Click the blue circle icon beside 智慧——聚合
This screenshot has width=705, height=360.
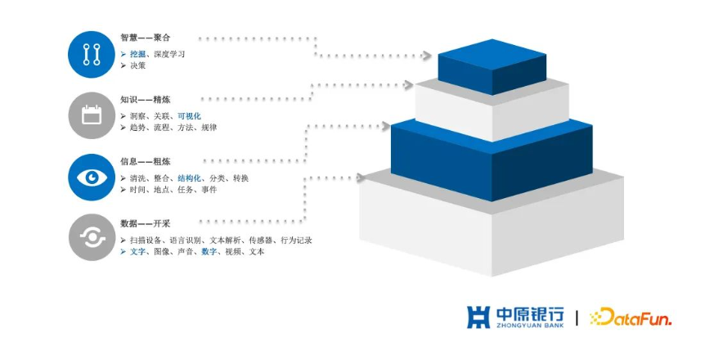point(92,55)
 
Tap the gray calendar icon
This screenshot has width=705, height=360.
point(92,115)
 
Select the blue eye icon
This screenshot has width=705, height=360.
point(92,178)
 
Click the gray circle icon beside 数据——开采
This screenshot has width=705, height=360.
point(92,237)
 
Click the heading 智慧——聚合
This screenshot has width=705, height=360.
point(146,38)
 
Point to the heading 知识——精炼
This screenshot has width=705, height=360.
point(146,100)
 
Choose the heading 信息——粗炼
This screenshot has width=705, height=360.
point(146,161)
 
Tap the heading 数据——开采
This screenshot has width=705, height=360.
point(146,223)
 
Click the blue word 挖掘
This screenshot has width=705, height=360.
point(138,54)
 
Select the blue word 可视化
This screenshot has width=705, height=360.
point(189,116)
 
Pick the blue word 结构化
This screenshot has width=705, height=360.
point(189,178)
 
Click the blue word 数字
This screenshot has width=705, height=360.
point(209,251)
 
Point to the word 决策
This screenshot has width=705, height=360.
point(138,65)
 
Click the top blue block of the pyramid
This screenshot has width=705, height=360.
point(492,66)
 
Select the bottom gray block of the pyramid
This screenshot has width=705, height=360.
point(492,225)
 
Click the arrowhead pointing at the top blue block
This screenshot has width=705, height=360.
point(426,56)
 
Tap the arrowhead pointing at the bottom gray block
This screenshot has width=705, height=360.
point(361,178)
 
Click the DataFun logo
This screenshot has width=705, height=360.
point(631,317)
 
